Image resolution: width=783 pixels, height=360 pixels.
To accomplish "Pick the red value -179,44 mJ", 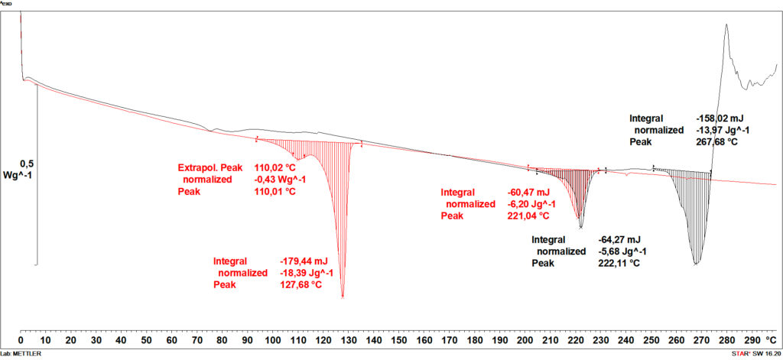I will click(304, 261).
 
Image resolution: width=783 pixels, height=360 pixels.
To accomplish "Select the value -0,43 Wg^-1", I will click(281, 180).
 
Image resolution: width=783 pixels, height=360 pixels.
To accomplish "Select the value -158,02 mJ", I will click(720, 119).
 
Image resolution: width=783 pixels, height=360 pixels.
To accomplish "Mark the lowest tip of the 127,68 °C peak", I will click(343, 297).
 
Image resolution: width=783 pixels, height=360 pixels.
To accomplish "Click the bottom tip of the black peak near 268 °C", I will click(696, 264).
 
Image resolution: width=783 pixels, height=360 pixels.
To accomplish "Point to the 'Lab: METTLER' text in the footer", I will click(21, 355).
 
